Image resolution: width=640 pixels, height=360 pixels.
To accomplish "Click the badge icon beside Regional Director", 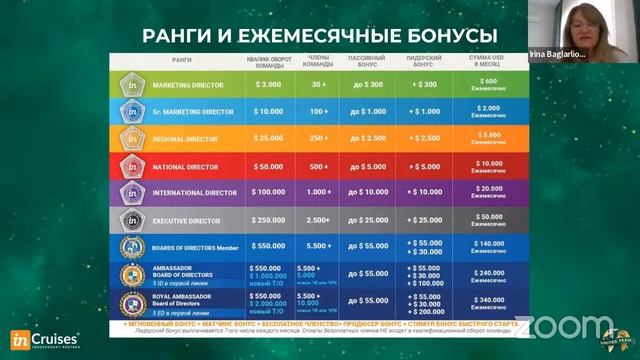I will (x=133, y=136).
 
